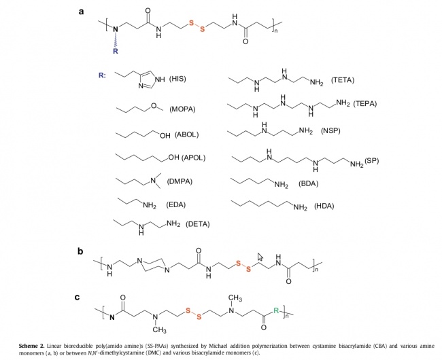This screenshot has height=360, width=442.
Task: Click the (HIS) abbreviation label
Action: [177, 79]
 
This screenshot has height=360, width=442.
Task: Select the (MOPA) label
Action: [182, 109]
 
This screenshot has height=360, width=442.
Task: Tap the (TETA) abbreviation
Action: [343, 80]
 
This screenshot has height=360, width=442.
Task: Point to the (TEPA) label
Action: [364, 103]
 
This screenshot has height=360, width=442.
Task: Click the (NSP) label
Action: [330, 131]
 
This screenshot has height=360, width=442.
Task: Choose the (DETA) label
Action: [198, 224]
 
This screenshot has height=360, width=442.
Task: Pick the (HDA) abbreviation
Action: [324, 206]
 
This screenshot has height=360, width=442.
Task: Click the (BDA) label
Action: [309, 184]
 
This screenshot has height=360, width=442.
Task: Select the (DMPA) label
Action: [180, 181]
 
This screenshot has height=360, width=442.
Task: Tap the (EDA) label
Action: [176, 204]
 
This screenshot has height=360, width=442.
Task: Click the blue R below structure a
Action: [116, 51]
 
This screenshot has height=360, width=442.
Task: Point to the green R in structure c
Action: [276, 310]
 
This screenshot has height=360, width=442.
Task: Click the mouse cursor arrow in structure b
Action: [260, 257]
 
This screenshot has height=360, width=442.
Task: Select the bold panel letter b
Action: [80, 251]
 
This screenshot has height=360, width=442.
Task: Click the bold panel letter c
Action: [78, 298]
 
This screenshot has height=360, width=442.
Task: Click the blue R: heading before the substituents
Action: [102, 75]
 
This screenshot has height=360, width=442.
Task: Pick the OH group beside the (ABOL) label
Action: [165, 136]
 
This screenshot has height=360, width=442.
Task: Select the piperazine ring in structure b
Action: [154, 265]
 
